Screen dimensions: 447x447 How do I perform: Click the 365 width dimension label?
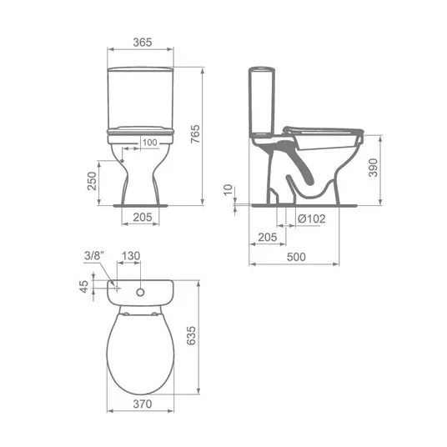point(143,43)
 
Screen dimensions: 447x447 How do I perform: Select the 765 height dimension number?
point(195,134)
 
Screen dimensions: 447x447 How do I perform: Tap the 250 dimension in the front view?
point(92,181)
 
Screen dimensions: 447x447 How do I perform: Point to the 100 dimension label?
point(149,143)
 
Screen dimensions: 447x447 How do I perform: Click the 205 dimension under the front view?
point(143,217)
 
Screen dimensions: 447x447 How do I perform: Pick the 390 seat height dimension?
point(373,168)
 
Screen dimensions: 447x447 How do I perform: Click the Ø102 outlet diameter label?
point(312,219)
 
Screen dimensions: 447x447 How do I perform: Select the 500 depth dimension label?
point(296,257)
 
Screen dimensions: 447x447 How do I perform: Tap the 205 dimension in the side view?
point(268,237)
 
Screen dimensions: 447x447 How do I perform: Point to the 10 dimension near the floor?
point(228,190)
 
